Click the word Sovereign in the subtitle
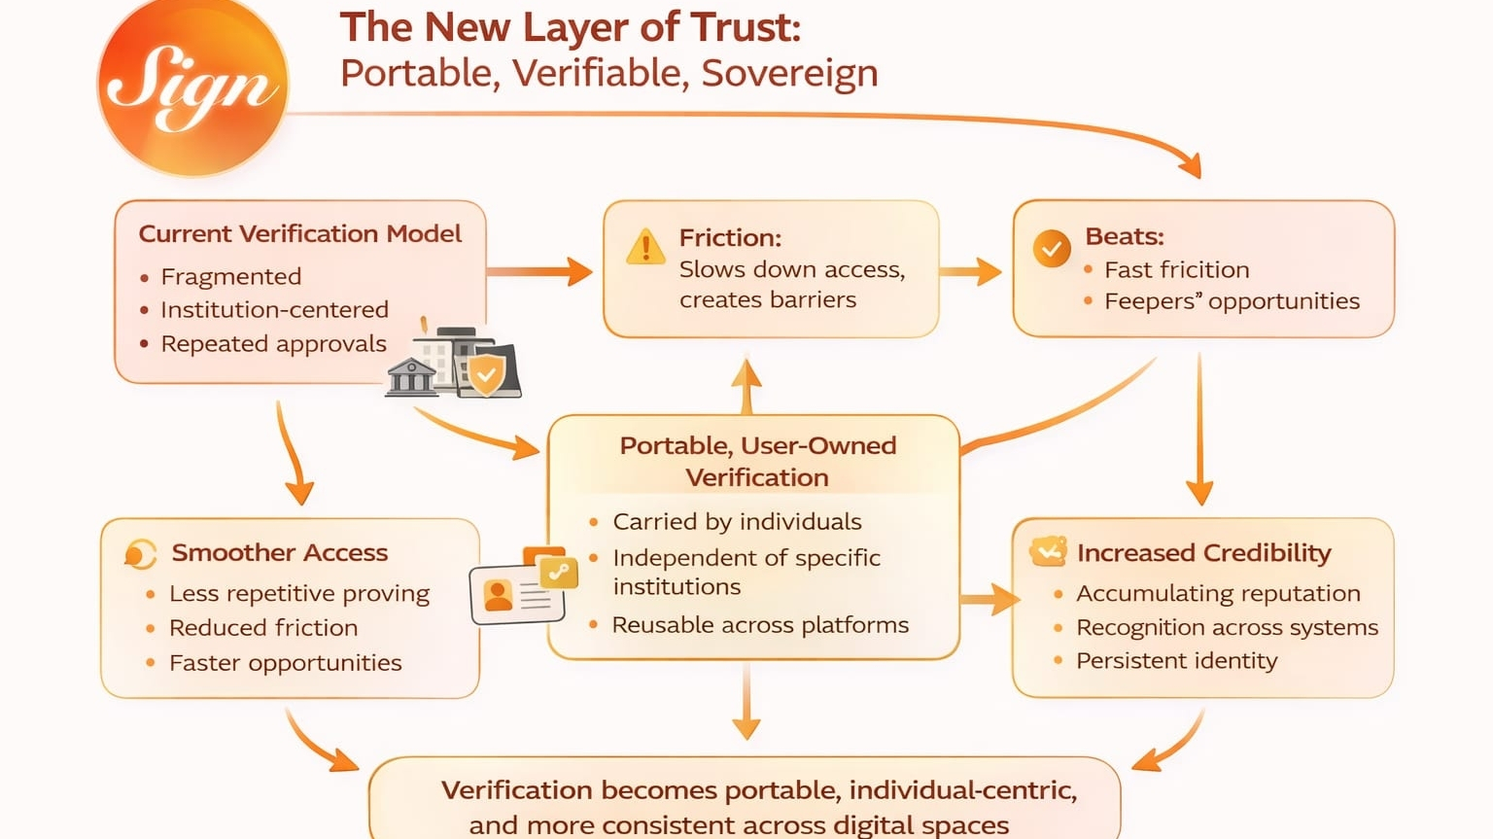(x=789, y=74)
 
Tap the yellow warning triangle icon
(x=645, y=248)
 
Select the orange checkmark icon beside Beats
(x=1051, y=249)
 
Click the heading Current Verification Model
(x=299, y=234)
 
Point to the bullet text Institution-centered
(x=274, y=310)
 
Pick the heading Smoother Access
(x=279, y=553)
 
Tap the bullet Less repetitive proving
(x=298, y=594)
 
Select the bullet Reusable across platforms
(x=760, y=625)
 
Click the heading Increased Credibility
(x=1203, y=553)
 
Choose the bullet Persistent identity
(x=1176, y=661)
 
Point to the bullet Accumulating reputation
(x=1218, y=594)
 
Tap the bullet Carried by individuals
(x=737, y=522)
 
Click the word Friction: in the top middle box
(x=730, y=238)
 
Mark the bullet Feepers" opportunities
(x=1232, y=301)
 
